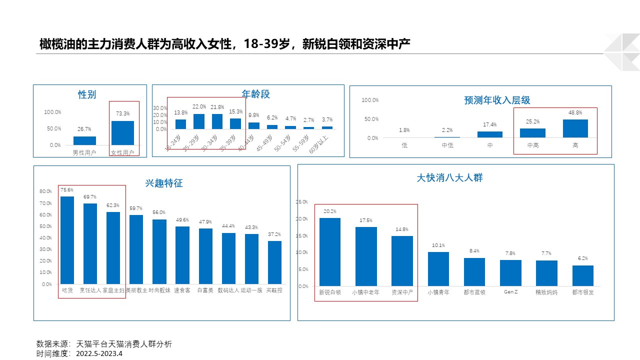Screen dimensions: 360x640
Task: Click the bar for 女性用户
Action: pos(122,133)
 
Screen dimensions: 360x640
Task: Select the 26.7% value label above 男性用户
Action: pos(84,129)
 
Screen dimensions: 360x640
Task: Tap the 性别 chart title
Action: pos(87,94)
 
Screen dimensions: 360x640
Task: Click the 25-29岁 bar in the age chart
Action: pos(199,121)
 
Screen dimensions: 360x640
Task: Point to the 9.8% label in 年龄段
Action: pos(254,115)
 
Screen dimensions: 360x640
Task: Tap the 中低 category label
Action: pos(447,145)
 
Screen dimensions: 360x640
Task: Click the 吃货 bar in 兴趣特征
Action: pos(67,240)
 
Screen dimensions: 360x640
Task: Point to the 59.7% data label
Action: pos(136,208)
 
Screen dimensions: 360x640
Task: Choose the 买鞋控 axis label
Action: pos(274,290)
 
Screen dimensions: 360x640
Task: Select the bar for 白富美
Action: pos(205,256)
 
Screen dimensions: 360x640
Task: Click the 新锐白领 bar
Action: pos(330,252)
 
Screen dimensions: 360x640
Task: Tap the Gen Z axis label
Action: pos(510,292)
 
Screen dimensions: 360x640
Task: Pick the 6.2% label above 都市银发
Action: pos(582,258)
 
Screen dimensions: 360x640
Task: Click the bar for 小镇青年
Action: pos(438,269)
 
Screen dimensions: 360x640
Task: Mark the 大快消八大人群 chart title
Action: pos(450,177)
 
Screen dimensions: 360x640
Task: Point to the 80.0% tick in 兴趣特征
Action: pos(45,191)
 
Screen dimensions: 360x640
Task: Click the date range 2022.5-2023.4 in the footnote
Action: pos(99,353)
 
